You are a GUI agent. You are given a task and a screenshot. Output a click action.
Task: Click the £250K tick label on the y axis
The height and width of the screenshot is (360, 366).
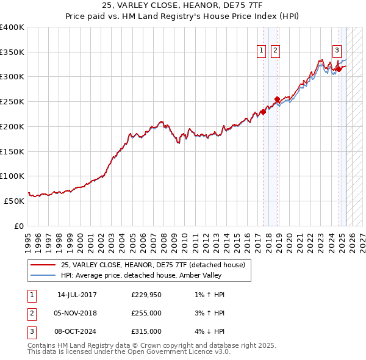(12, 102)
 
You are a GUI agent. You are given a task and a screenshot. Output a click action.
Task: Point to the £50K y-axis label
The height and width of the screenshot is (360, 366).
(15, 201)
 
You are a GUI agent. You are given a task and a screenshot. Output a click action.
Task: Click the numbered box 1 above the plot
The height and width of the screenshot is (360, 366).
(262, 51)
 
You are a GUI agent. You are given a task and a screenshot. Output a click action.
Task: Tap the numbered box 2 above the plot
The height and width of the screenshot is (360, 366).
(276, 51)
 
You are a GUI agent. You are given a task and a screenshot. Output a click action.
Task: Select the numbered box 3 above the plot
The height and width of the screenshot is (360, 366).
(337, 51)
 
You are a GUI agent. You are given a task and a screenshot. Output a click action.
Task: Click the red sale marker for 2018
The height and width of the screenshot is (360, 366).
(277, 99)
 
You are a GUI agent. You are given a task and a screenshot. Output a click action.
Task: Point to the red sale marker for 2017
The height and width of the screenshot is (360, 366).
(264, 112)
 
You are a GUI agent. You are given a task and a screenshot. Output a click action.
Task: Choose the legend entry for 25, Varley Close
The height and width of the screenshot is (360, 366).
(152, 265)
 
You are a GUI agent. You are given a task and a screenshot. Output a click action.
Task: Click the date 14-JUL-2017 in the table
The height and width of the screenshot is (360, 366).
(77, 295)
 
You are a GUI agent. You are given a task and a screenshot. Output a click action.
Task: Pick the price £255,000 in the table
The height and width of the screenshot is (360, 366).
(146, 313)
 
